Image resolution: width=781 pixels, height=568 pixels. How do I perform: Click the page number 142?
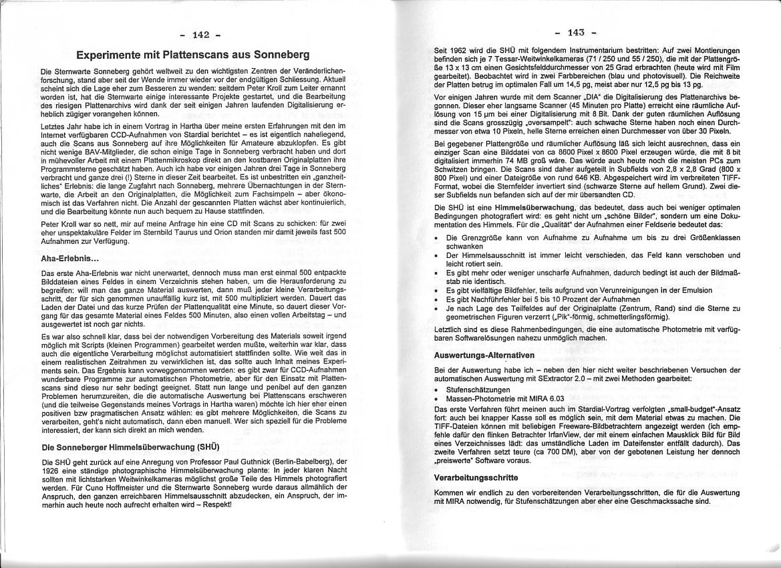tap(200, 34)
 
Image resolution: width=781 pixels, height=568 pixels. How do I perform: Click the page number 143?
tap(576, 32)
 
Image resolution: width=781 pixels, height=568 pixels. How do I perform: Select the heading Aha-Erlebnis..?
tap(70, 258)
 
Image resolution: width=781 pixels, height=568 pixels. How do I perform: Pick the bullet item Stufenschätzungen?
tap(479, 390)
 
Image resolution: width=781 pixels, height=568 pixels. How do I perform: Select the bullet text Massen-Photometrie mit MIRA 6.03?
tap(496, 398)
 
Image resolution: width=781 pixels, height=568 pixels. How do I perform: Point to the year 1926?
tap(51, 469)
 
